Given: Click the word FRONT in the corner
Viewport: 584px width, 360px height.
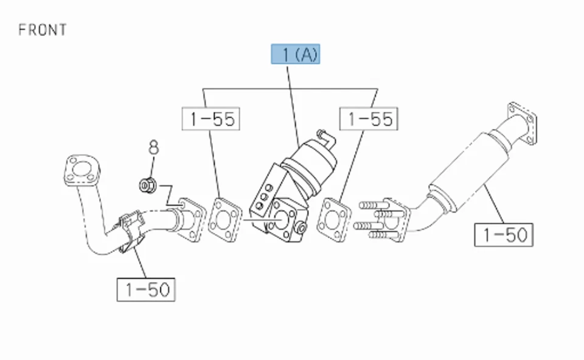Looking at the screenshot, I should click(42, 30).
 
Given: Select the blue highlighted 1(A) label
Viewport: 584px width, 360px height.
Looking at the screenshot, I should click(296, 55).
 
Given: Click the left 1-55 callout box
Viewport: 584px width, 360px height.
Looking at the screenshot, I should click(211, 119).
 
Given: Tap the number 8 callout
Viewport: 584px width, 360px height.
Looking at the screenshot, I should click(153, 148).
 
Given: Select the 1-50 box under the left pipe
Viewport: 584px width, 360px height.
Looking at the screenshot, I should click(147, 289).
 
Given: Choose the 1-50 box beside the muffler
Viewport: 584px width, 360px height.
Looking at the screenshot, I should click(504, 234).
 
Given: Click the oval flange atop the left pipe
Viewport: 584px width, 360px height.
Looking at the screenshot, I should click(80, 170).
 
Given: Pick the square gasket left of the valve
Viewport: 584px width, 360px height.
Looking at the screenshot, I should click(224, 220).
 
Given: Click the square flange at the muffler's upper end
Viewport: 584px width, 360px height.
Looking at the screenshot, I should click(522, 123).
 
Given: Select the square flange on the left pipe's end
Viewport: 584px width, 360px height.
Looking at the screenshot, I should click(189, 216).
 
